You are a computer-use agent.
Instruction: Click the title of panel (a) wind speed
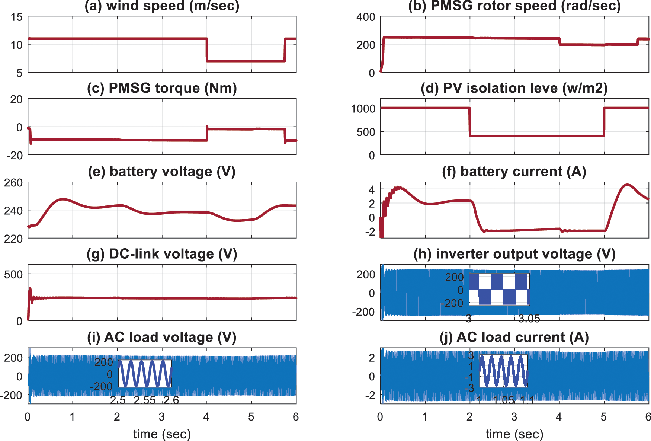point(162,6)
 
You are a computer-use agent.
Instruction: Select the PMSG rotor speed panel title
point(514,6)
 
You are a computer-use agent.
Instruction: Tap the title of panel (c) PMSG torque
point(162,88)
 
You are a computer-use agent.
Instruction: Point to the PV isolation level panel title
point(514,88)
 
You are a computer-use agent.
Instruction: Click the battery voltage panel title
point(162,172)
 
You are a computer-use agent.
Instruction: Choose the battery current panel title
point(514,172)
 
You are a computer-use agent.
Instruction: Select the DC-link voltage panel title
point(162,254)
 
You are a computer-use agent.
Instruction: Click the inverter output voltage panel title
point(514,254)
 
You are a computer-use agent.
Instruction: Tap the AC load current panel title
point(514,337)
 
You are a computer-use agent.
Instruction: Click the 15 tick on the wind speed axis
point(16,17)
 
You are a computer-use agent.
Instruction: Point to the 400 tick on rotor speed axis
point(366,17)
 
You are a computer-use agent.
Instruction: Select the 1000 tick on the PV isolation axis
point(363,109)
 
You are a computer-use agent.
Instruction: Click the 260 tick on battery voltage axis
point(13,183)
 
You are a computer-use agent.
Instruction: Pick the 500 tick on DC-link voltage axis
point(13,275)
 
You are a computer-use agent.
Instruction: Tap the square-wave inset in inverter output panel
point(499,290)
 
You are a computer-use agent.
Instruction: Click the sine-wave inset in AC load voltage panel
point(145,373)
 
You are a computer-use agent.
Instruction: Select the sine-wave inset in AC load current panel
point(504,371)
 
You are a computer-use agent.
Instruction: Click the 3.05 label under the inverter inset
point(529,319)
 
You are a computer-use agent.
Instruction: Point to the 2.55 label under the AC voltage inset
point(144,400)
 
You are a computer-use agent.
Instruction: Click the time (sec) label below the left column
point(162,434)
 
